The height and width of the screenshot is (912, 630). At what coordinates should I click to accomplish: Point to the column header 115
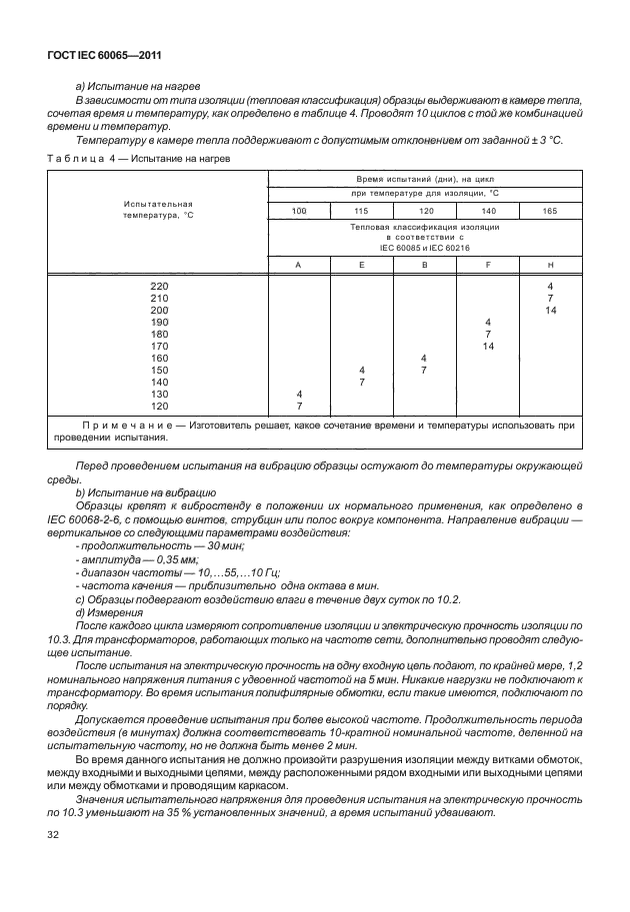point(361,211)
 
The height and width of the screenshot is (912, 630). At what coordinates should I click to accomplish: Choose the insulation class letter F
point(487,264)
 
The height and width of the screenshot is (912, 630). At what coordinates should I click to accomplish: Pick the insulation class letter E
point(361,264)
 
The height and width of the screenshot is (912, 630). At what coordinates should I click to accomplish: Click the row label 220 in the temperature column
point(158,287)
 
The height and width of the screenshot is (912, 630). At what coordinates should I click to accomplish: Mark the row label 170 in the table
point(158,346)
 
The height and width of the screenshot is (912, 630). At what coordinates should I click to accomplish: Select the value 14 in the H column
point(550,311)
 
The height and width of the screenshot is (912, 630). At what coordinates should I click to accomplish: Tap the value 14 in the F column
point(487,346)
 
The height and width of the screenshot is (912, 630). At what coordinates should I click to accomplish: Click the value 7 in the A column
point(299,406)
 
